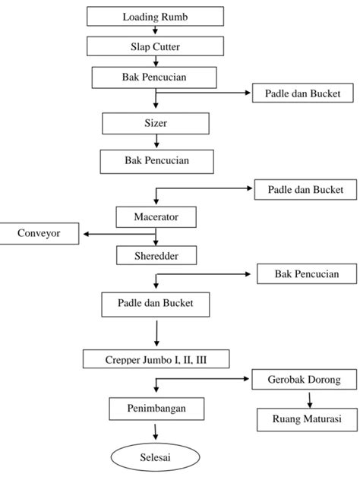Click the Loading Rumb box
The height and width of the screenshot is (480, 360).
155,16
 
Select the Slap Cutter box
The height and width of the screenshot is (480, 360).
155,46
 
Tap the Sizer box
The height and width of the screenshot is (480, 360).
156,123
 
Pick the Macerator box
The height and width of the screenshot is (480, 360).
156,217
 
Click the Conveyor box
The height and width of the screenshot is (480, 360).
39,233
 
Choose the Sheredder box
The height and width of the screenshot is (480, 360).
156,255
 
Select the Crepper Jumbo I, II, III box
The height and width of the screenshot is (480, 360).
156,358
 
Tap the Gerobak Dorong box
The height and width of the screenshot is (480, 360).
305,379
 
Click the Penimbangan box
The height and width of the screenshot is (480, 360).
156,409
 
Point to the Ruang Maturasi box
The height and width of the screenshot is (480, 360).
307,419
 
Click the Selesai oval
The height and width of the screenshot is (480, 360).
155,457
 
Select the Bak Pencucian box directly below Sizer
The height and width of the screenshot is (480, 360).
156,162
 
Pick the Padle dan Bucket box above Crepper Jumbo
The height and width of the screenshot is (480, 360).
156,305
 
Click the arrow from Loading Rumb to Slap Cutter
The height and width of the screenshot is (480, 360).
155,30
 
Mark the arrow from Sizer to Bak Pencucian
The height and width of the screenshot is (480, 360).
156,141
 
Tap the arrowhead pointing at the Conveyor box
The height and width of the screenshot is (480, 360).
86,234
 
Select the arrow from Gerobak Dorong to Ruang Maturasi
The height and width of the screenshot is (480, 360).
309,400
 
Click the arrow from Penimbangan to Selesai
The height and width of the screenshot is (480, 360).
156,432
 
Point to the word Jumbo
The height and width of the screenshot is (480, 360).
156,360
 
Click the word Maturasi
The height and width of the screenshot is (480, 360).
324,418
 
